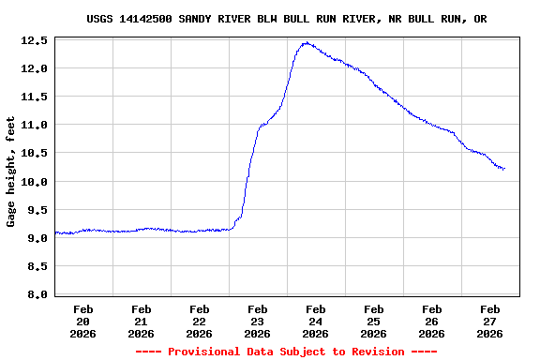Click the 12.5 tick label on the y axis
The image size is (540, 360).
click(x=35, y=41)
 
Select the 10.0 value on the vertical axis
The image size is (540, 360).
click(x=35, y=182)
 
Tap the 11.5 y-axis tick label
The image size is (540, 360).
click(x=35, y=97)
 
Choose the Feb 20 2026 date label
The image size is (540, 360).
click(x=82, y=321)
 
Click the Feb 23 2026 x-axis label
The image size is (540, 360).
click(x=257, y=321)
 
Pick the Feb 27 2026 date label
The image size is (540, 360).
click(x=489, y=321)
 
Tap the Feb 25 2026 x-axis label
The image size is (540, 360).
click(x=373, y=321)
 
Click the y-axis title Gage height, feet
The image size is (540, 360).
click(x=11, y=172)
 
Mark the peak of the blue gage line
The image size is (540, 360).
click(x=307, y=43)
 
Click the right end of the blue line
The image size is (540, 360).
click(x=504, y=169)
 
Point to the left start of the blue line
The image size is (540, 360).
click(x=55, y=232)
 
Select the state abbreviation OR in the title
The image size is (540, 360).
click(x=480, y=19)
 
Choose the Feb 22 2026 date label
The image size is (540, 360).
click(x=199, y=321)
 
